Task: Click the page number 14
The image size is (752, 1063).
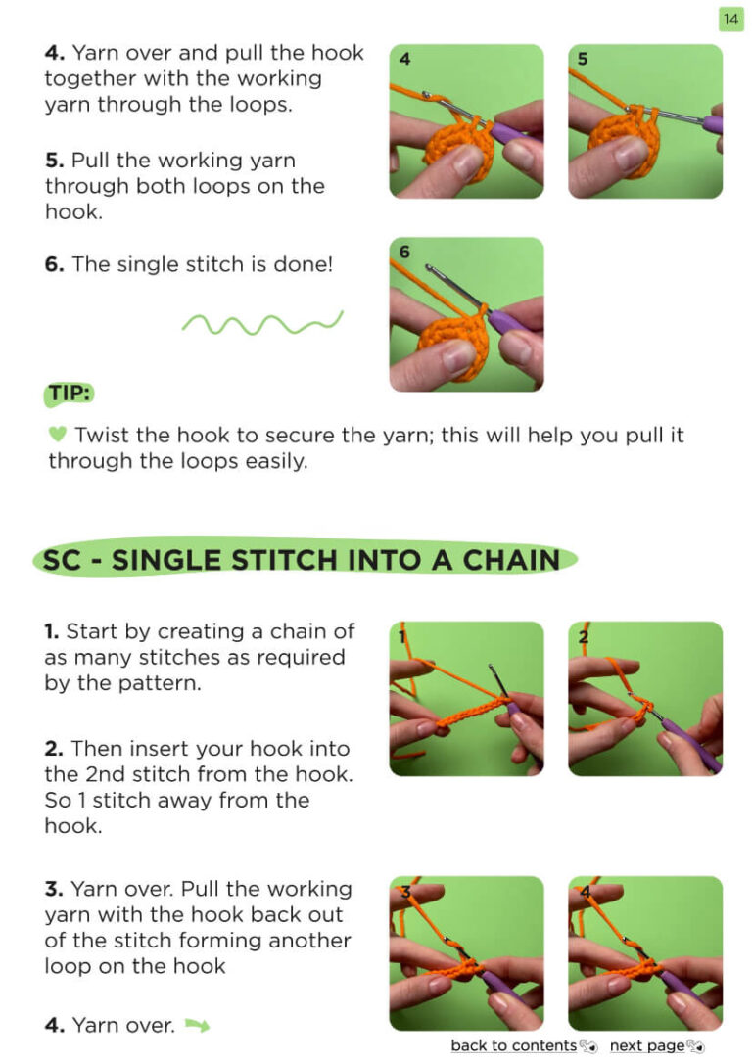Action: point(730,19)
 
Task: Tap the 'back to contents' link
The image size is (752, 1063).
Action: point(513,1045)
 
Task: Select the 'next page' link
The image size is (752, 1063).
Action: point(647,1045)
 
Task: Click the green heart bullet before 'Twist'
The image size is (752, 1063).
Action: point(58,434)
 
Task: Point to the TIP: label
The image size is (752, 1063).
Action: point(70,393)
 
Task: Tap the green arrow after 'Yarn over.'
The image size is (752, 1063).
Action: point(198,1025)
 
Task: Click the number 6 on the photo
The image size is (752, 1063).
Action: point(404,252)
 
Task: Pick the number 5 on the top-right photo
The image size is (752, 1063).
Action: point(582,59)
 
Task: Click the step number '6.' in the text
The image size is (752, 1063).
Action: point(54,264)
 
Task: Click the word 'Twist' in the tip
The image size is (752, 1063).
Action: point(103,435)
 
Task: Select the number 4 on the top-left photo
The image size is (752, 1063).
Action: point(404,59)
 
